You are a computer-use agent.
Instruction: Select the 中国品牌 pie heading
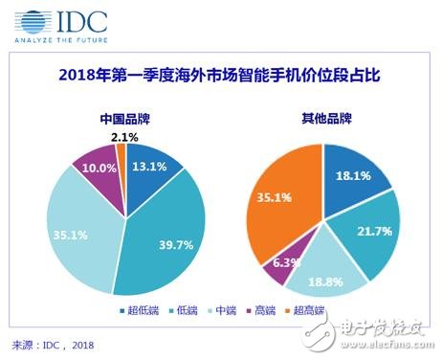tap(124, 121)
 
